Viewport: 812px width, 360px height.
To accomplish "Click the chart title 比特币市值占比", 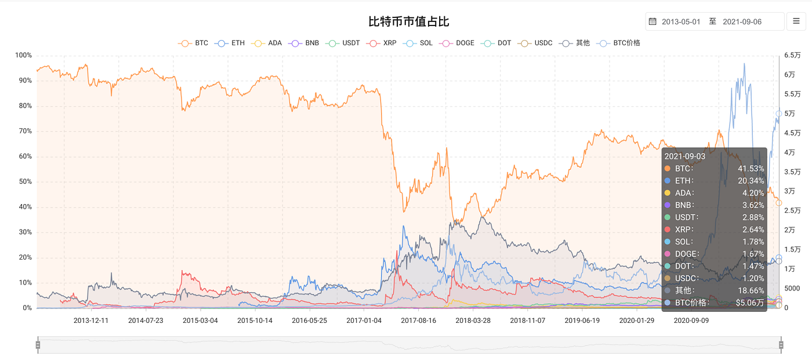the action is click(408, 21).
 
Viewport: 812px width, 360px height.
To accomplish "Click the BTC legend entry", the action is click(193, 43).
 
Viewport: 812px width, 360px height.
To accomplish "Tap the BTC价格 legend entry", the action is click(618, 43).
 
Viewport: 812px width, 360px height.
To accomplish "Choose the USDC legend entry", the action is click(535, 43).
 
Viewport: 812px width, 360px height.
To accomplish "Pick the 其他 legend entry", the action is click(574, 43).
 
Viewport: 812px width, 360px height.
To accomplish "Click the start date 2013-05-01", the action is click(681, 21).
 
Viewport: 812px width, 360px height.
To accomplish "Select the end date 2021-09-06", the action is click(742, 21).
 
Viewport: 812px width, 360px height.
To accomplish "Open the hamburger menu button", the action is click(796, 21).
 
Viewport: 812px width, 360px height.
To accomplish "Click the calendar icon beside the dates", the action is click(652, 21).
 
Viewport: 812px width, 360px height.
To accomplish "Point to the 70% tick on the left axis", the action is click(26, 131).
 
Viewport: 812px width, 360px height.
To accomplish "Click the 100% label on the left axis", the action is click(24, 55).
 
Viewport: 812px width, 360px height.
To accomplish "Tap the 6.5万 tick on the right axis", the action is click(792, 55).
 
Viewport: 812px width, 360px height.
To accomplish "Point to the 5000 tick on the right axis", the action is click(792, 288).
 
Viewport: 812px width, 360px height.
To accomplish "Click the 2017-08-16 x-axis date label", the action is click(418, 321).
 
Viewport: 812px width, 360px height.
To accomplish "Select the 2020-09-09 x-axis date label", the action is click(691, 321).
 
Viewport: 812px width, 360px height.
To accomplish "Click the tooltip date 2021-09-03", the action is click(685, 157).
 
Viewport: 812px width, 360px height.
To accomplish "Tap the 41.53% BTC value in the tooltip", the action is click(751, 169).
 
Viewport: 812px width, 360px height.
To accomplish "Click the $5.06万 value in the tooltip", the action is click(749, 303).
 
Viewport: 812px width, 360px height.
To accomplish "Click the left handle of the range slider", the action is click(38, 345).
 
